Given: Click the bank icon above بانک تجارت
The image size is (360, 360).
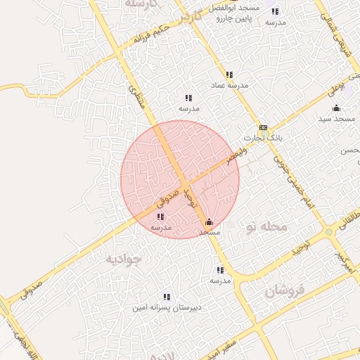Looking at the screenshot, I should click(x=263, y=127).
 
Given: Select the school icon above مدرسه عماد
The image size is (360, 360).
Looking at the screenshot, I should click(x=229, y=75).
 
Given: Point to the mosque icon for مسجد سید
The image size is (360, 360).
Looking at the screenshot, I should click(x=336, y=108).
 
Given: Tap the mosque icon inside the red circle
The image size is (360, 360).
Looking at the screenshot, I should click(x=208, y=222).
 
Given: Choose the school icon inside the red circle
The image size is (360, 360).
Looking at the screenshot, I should click(x=161, y=217).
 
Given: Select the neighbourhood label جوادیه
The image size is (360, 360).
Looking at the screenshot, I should click(x=123, y=259).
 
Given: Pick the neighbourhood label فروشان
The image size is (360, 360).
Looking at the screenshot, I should click(x=285, y=291).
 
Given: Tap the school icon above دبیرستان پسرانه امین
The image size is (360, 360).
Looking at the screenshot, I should click(x=167, y=297).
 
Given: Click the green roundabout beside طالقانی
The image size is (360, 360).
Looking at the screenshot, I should click(x=329, y=231).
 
